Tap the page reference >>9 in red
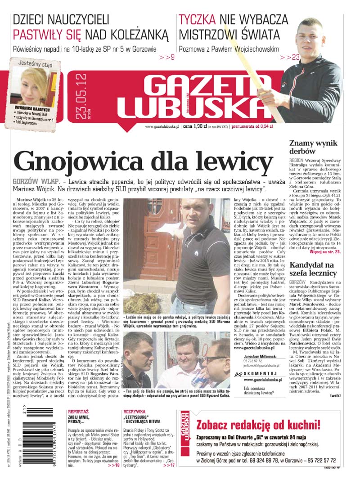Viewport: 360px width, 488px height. pyautogui.click(x=166, y=58)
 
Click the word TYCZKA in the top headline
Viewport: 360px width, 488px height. pyautogui.click(x=198, y=19)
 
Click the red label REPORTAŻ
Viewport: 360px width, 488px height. pyautogui.click(x=78, y=411)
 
